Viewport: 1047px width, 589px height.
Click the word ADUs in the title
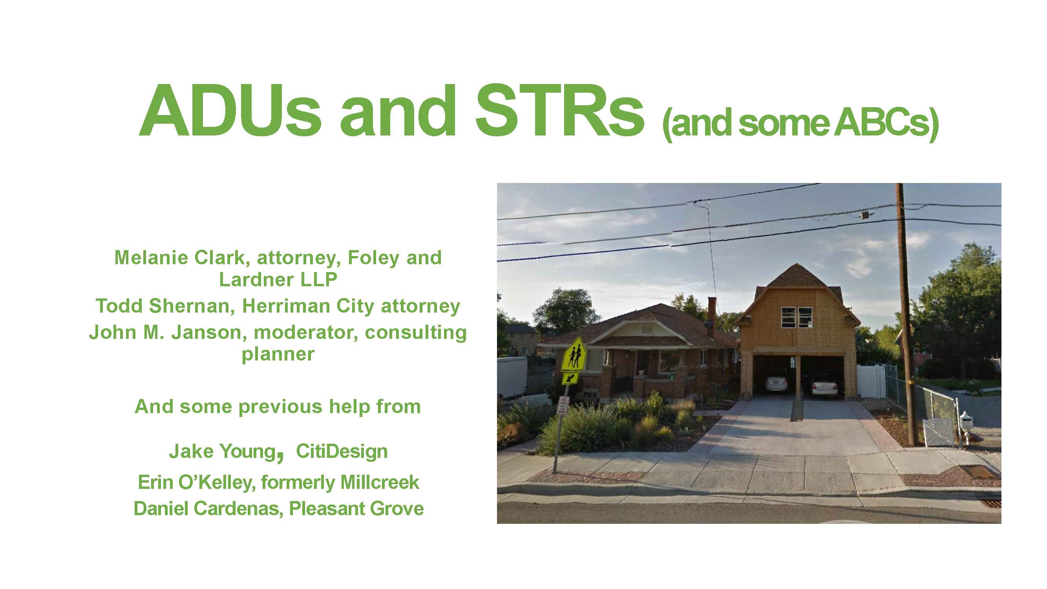230,111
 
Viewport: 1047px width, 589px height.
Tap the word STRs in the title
559,111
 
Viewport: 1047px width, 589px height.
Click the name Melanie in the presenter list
151,258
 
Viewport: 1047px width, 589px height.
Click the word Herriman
286,306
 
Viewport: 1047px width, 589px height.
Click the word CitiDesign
342,451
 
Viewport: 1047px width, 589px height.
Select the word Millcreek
380,483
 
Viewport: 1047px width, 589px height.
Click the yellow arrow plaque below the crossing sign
570,379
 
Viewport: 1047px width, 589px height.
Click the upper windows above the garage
797,317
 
